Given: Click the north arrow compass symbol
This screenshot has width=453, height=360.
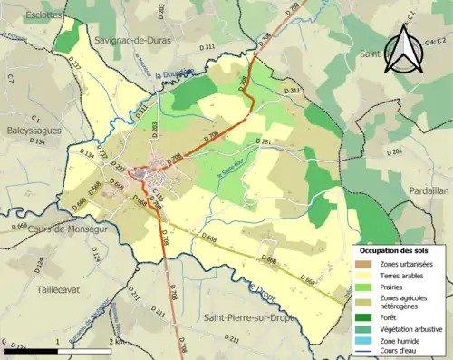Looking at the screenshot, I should (404, 51).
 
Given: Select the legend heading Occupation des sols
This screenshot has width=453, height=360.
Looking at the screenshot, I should (395, 249).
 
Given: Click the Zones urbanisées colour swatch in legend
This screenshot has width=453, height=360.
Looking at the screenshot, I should (366, 264).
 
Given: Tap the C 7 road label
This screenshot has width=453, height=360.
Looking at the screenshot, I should (11, 79).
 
